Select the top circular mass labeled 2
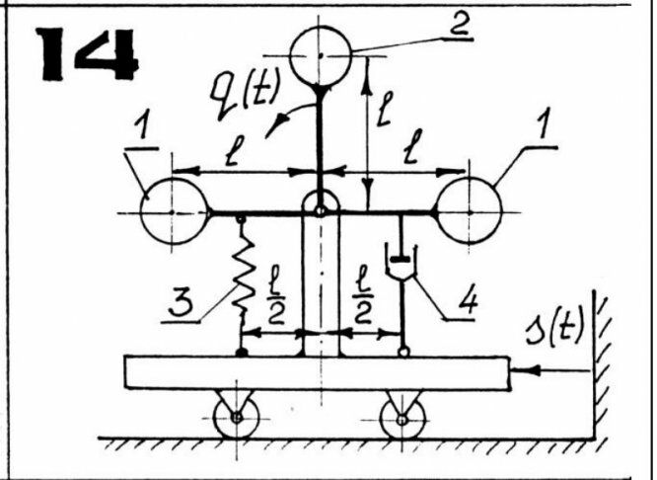[324, 55]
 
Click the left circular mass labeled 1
[173, 209]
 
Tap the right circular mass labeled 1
[469, 209]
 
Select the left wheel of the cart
[237, 417]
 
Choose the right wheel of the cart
[402, 417]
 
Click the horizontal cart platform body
[316, 373]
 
